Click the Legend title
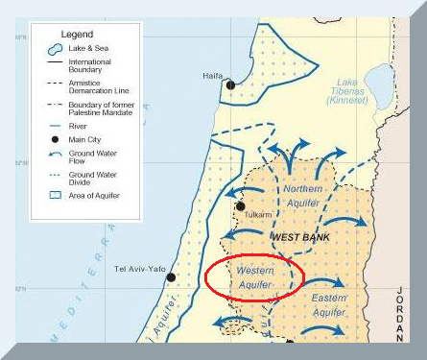(78, 34)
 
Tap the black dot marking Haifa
(230, 85)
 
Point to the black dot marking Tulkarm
(240, 205)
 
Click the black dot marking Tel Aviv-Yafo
(171, 276)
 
